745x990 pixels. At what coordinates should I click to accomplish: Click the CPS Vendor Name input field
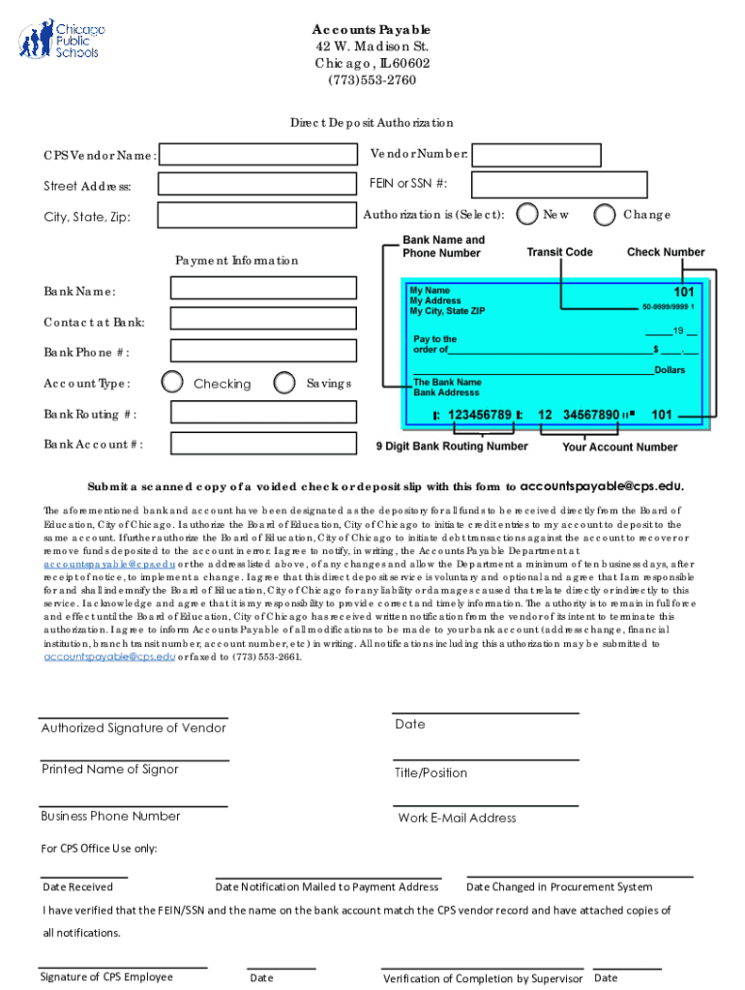pos(257,156)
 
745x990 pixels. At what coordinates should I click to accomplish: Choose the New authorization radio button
pos(526,214)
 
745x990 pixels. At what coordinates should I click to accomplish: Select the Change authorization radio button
pos(605,214)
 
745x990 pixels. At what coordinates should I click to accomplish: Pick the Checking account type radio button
pos(172,383)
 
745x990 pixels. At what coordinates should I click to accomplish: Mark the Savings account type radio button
pos(284,383)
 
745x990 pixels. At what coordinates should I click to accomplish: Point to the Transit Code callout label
pos(559,252)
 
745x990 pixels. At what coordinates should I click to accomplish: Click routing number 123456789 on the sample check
pos(479,415)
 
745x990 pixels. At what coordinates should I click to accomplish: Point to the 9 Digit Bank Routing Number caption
pos(452,447)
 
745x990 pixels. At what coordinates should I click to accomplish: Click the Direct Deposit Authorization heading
pos(372,123)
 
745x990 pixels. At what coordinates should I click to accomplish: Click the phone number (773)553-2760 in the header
pos(372,80)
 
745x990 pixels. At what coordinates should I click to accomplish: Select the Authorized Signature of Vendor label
pos(134,728)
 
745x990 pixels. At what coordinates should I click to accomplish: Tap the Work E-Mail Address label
pos(457,818)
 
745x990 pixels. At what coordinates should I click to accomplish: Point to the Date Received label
pos(77,887)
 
